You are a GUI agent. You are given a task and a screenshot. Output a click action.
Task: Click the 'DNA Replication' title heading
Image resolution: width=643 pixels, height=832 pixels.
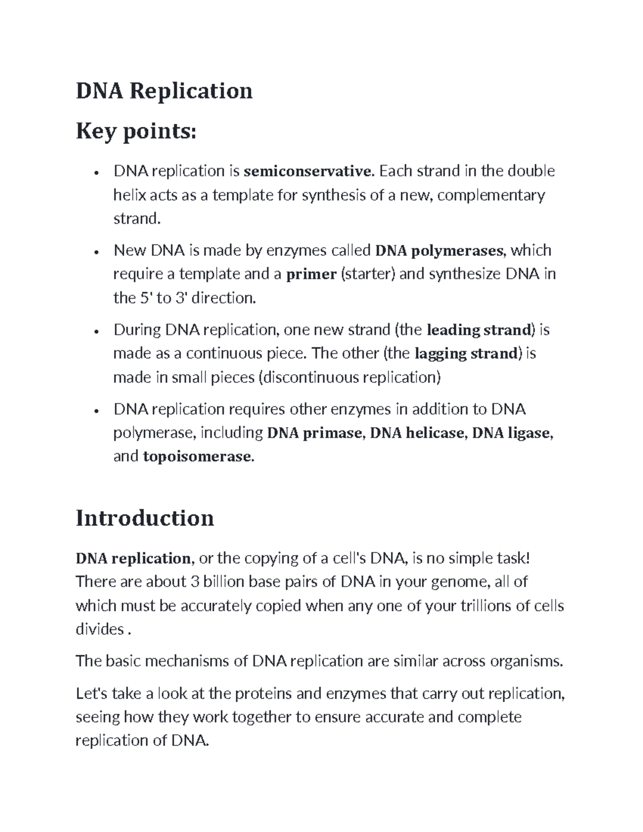coord(164,91)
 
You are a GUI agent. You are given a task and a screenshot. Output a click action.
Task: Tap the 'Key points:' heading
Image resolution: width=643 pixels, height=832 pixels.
coord(136,131)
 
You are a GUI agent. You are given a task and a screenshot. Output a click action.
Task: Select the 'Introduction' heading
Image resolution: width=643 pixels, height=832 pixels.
coord(145,518)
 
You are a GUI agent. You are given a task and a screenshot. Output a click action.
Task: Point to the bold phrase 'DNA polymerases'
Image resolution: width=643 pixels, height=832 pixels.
coord(439,251)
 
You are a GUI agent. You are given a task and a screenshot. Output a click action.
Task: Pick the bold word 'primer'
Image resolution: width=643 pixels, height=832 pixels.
coord(311,274)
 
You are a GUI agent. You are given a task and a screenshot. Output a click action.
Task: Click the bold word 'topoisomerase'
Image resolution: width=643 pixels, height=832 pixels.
coord(197,456)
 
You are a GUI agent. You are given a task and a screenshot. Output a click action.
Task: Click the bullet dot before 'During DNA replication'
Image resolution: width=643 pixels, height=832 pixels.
coord(95,332)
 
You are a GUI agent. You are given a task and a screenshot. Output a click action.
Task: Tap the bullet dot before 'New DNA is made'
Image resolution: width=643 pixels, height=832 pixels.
coord(95,252)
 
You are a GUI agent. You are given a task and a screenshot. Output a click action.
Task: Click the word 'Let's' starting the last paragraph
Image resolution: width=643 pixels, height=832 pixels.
coord(92,693)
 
